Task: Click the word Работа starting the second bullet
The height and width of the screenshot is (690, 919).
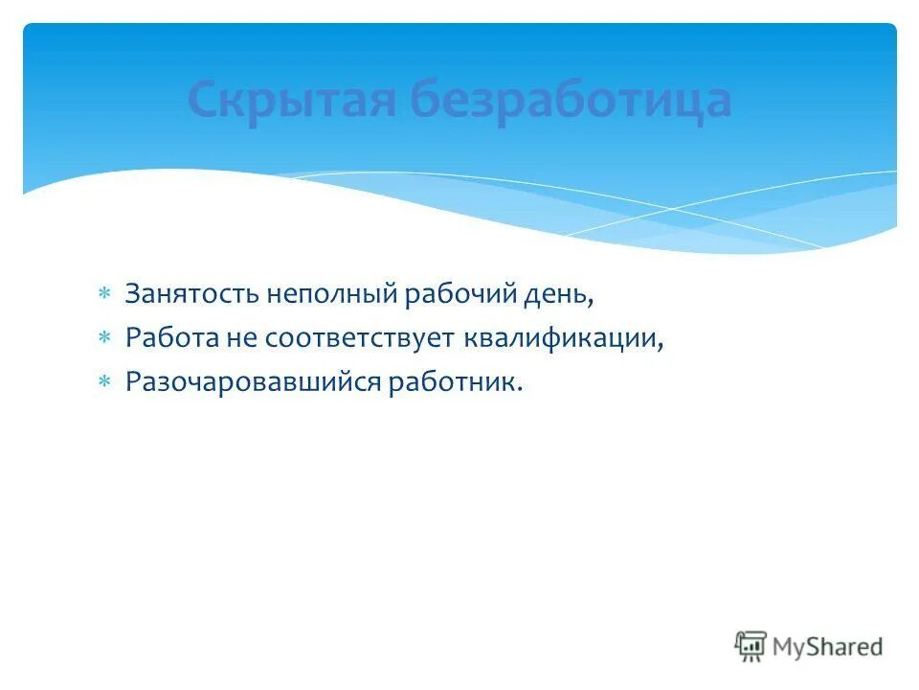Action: [170, 337]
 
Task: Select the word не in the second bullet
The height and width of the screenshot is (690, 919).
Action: [239, 337]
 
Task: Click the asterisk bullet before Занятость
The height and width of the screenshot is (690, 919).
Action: [104, 292]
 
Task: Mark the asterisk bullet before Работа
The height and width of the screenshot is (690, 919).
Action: [104, 336]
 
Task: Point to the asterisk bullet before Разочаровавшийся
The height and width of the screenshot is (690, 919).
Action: [104, 380]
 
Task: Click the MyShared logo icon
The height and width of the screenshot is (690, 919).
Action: [751, 646]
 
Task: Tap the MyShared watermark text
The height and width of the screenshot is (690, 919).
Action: [828, 647]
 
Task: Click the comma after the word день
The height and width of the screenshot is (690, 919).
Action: [592, 301]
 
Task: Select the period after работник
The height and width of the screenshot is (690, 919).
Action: [521, 388]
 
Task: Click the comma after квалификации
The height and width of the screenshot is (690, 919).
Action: [661, 345]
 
